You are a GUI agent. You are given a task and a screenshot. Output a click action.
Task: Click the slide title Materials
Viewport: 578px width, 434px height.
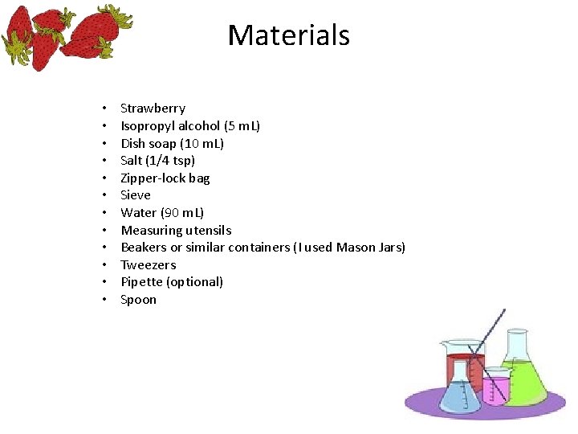coord(289,35)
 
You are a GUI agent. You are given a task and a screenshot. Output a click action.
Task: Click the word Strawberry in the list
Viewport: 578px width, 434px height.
coord(153,108)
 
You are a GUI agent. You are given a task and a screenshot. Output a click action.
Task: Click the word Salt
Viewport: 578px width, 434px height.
coord(132,161)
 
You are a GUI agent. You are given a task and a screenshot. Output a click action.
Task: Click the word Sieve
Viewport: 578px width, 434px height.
coord(136,195)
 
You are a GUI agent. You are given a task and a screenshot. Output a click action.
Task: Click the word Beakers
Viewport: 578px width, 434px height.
coord(144,248)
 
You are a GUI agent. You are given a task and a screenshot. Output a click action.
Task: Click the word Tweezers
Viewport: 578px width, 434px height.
coord(149,265)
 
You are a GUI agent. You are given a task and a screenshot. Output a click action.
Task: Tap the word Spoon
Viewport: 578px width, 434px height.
coord(138,300)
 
